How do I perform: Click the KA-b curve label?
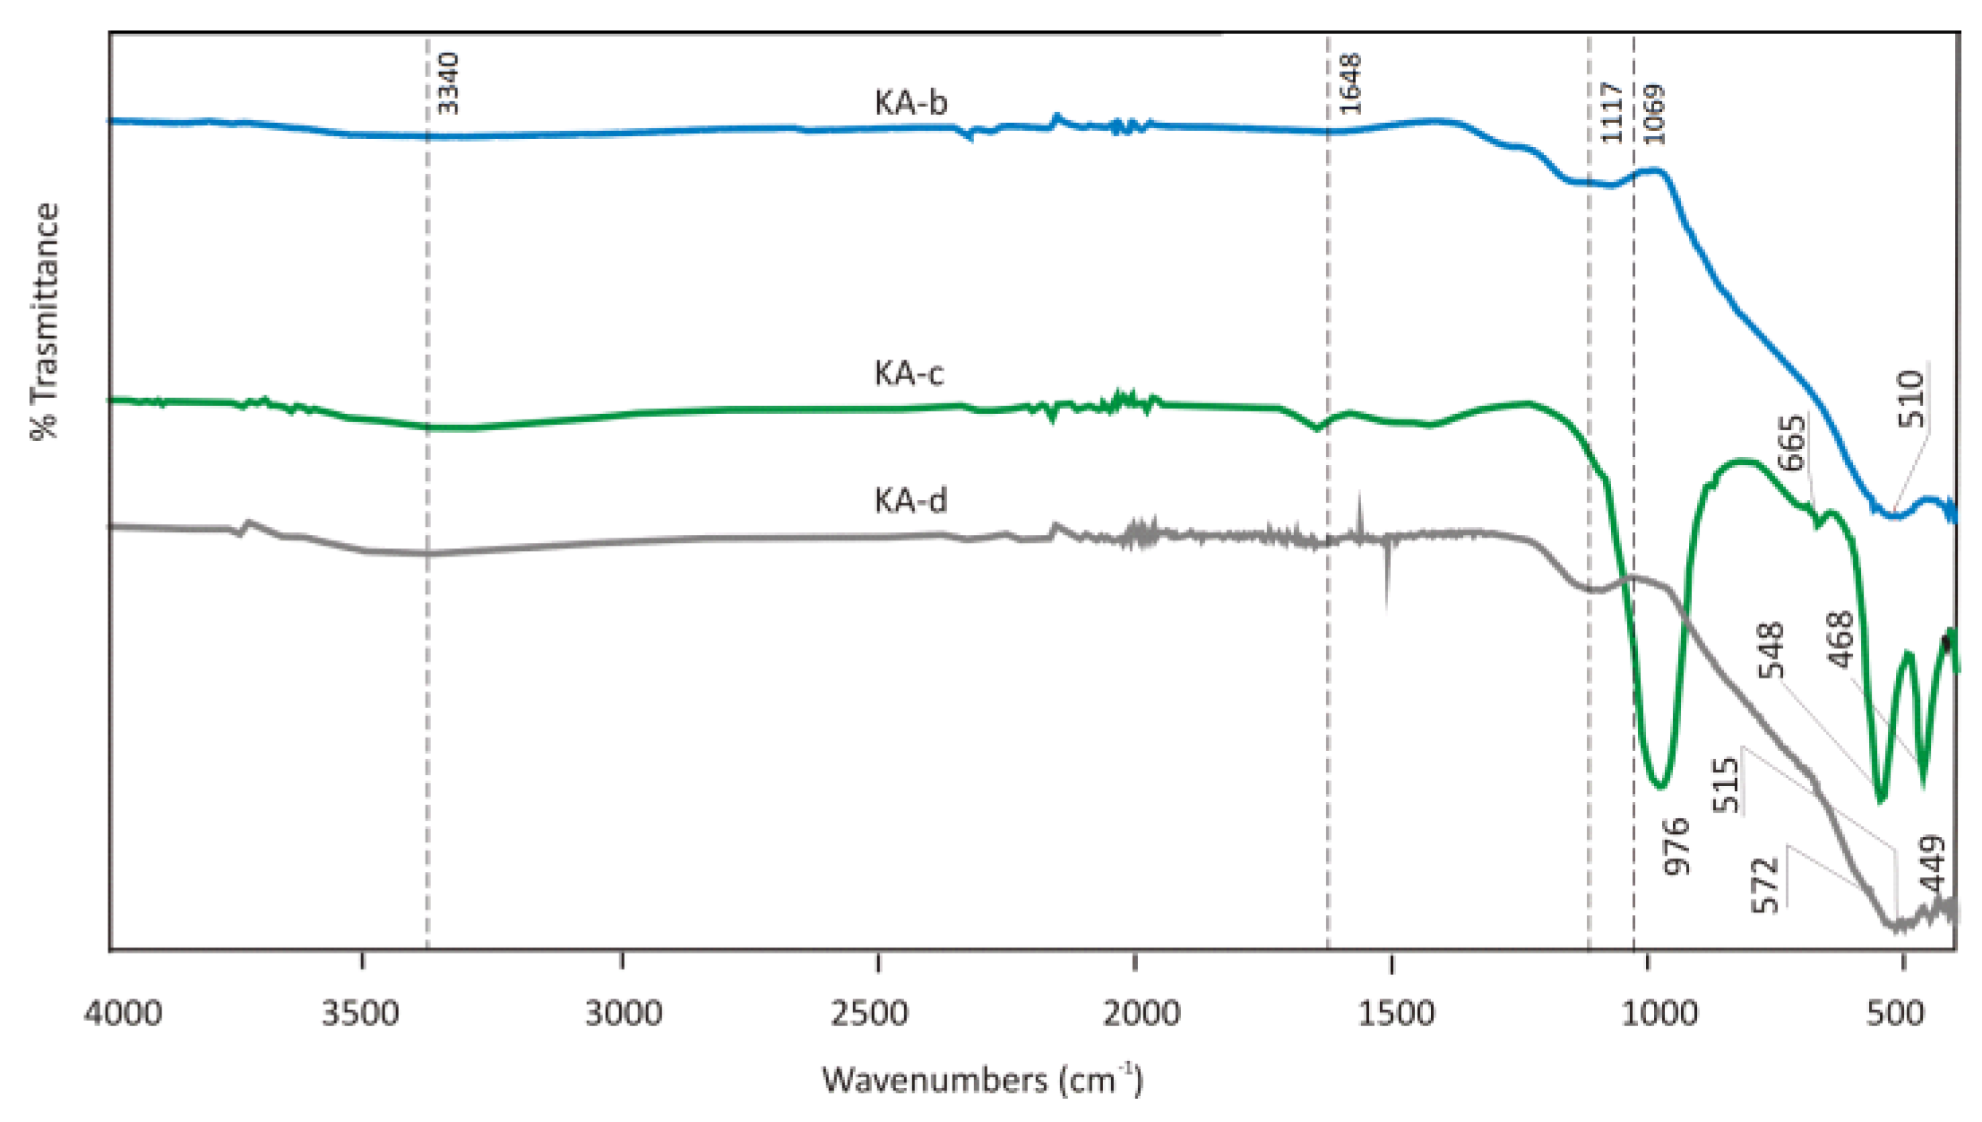909,104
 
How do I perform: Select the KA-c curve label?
909,373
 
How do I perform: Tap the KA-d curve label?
909,500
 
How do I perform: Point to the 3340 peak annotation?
447,83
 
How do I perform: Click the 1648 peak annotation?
1349,83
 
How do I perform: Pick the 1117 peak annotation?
1611,112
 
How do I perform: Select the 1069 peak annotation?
1653,114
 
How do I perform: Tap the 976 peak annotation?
1675,846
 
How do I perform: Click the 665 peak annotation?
1791,443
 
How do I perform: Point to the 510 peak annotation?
1909,399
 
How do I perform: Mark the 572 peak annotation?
1764,885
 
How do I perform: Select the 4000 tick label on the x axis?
123,1014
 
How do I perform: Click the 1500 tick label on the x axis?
1389,1014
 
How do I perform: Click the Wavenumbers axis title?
982,1080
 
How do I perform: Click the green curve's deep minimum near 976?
1660,787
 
